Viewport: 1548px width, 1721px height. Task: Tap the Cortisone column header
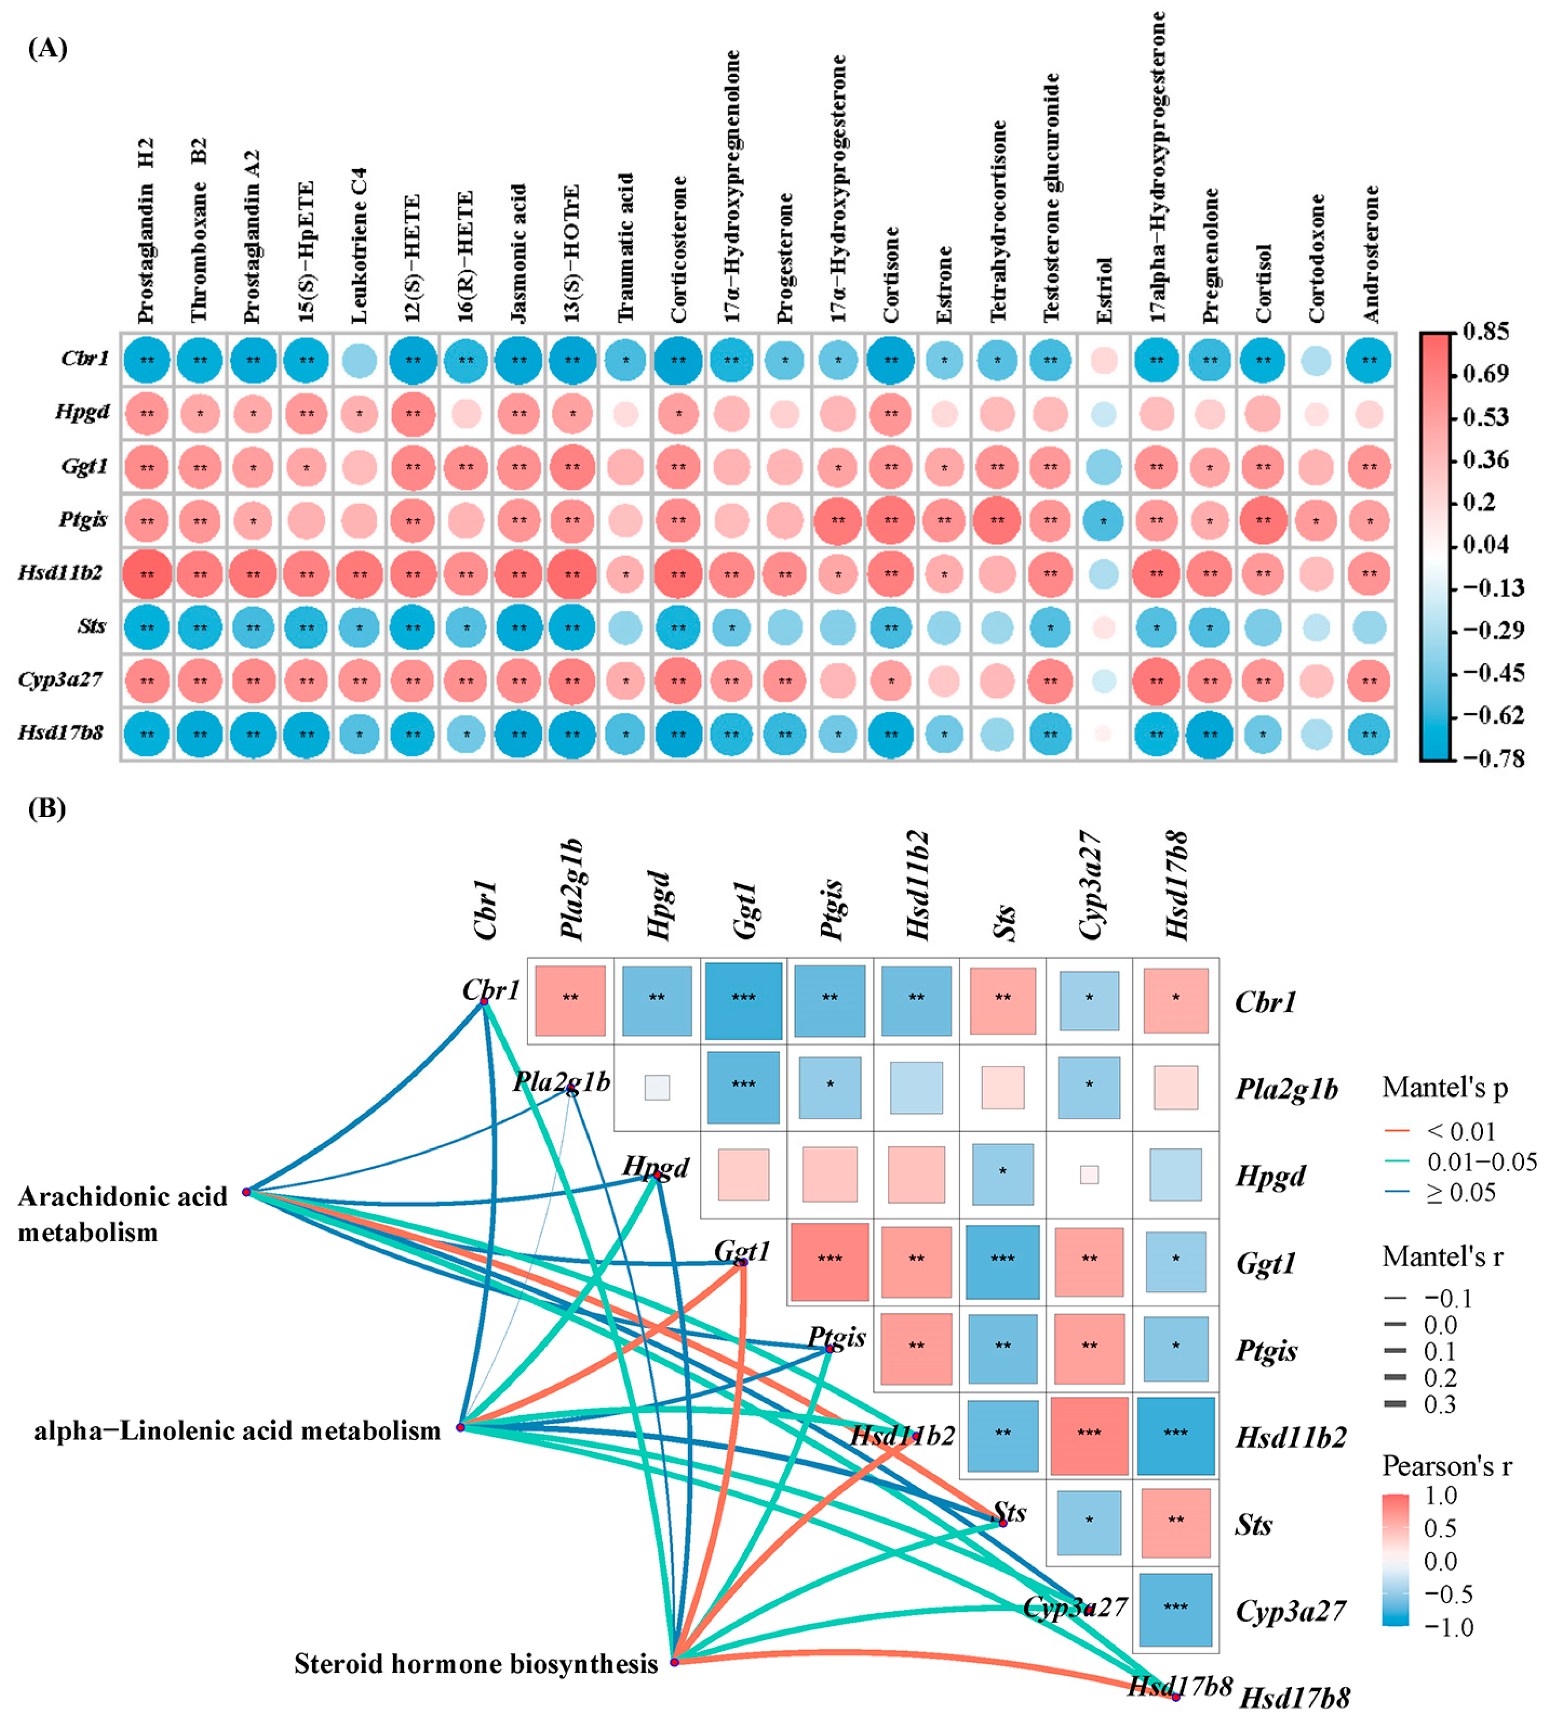[x=891, y=274]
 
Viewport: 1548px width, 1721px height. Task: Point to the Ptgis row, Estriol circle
[x=1104, y=520]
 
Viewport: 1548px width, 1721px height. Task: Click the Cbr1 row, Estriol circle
[x=1104, y=360]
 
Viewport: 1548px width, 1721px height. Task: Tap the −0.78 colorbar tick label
[x=1493, y=758]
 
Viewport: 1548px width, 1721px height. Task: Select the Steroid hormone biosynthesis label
[x=476, y=1663]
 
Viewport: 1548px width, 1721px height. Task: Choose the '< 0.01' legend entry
[x=1461, y=1132]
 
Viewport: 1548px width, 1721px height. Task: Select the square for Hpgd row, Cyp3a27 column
[x=1089, y=1175]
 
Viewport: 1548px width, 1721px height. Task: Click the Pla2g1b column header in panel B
[x=572, y=889]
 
